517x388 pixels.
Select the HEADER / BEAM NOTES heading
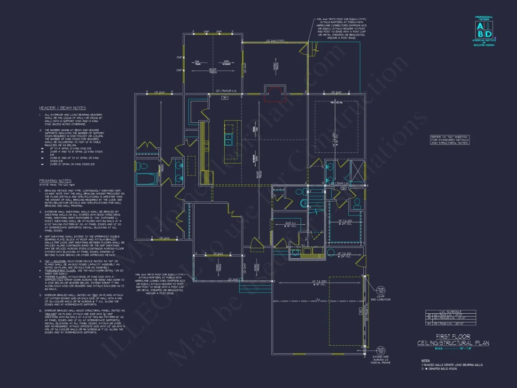coord(63,108)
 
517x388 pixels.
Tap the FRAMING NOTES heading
coord(55,180)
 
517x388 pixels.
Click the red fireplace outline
coord(274,93)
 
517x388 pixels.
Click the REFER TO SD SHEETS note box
coord(450,140)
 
